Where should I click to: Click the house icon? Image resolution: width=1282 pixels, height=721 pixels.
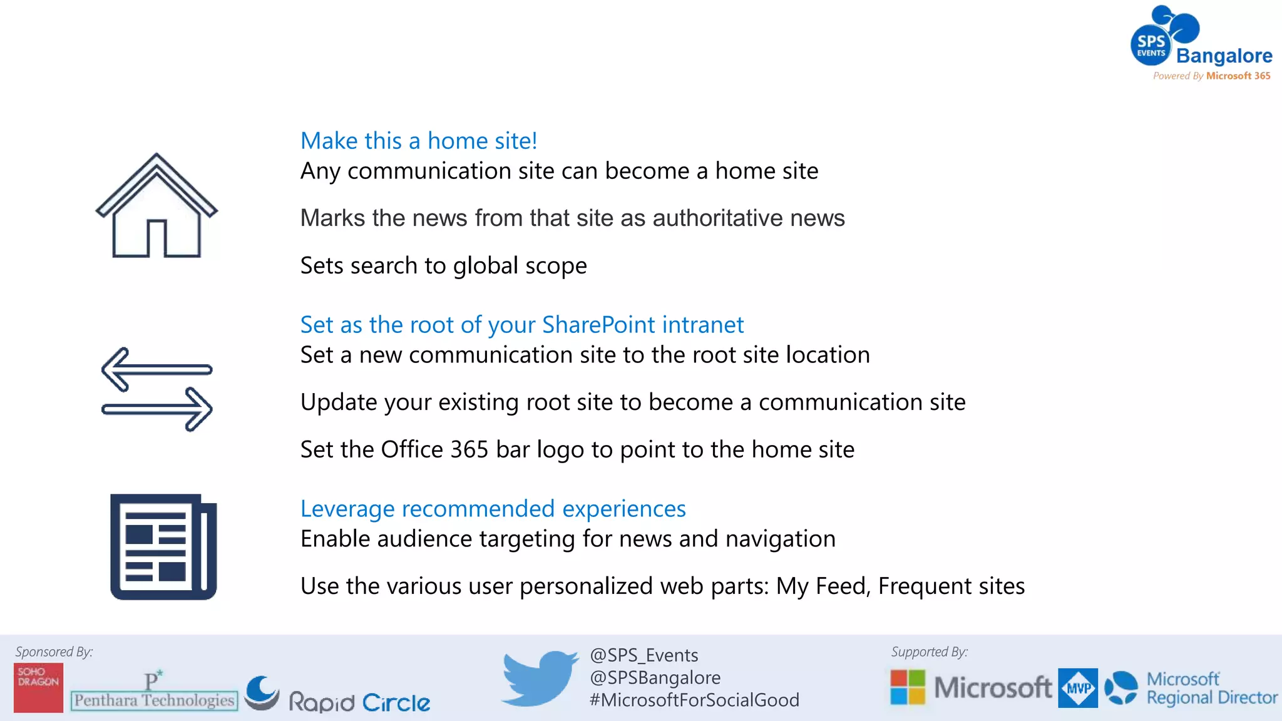[x=156, y=207]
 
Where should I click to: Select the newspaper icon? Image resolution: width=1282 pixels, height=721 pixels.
[x=163, y=547]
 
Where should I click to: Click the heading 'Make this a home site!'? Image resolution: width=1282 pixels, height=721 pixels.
[x=419, y=141]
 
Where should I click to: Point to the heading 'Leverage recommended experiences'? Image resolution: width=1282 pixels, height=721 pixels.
[x=493, y=509]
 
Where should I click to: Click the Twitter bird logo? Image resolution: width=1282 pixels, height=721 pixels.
[x=540, y=678]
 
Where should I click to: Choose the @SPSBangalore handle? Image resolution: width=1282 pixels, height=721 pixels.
[x=655, y=678]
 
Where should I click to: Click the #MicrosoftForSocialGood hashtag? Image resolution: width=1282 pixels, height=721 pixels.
[x=694, y=700]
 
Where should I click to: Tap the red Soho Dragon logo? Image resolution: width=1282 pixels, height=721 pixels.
[x=38, y=687]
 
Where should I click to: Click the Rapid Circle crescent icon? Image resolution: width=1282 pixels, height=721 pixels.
[x=262, y=692]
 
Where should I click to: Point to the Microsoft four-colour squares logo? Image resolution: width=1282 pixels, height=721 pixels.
[x=908, y=687]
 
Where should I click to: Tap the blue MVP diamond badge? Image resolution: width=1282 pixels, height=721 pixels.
[x=1077, y=688]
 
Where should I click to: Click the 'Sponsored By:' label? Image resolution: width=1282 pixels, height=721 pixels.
[x=54, y=652]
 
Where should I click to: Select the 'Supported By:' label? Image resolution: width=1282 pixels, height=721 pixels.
[x=929, y=652]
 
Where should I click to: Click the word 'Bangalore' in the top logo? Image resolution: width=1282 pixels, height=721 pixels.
[x=1224, y=56]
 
